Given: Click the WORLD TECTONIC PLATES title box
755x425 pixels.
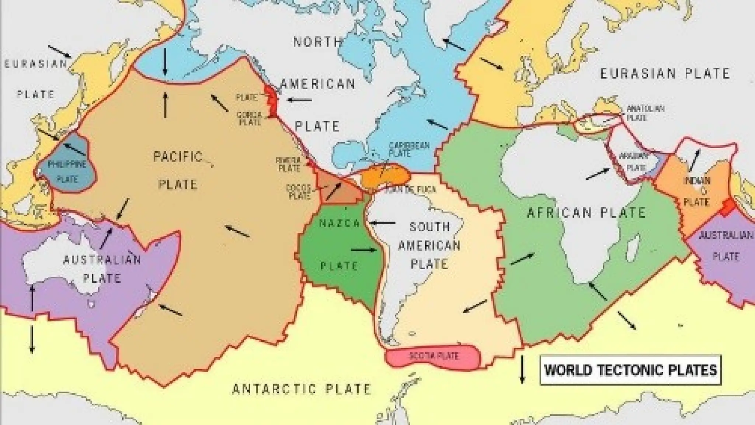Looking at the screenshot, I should point(631,370).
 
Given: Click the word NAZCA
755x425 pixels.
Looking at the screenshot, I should point(334,223).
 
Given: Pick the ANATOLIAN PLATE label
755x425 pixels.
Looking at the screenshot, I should point(645,113).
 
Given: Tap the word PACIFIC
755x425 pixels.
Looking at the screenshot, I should point(178,157).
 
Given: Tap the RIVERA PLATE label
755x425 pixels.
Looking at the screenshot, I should point(289,164).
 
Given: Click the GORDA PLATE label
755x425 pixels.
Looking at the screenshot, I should point(249,118).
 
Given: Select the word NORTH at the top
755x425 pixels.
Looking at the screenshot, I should point(317,42).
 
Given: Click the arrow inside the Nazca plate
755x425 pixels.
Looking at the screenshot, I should point(363,250).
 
